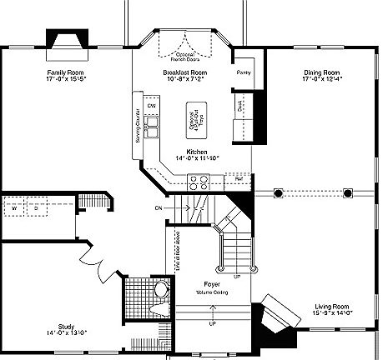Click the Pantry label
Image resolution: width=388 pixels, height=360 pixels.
[244, 73]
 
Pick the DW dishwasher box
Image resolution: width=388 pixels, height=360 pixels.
[151, 107]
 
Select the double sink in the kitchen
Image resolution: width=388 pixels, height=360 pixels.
[152, 127]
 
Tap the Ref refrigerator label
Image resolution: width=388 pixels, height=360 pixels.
[238, 178]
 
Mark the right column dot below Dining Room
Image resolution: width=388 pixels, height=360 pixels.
[347, 193]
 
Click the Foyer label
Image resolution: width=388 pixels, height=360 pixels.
[215, 286]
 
